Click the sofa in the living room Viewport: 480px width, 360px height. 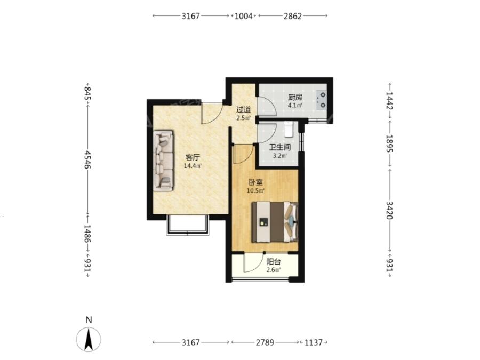(x=163, y=161)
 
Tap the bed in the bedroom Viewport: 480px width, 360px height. (x=275, y=222)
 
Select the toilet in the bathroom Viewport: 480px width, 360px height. (x=289, y=129)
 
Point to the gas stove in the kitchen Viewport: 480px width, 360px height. (x=322, y=100)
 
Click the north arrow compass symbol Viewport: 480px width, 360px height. (x=89, y=339)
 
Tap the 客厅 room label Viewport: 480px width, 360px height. (x=193, y=158)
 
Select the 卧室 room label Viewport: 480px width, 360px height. (x=255, y=183)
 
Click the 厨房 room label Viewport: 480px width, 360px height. (x=295, y=98)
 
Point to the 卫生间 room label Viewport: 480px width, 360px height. (x=280, y=148)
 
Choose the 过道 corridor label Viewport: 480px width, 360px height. (x=244, y=109)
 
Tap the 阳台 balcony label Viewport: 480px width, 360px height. (x=274, y=262)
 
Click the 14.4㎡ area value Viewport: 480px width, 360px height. (x=193, y=166)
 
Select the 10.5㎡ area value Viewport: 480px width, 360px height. (x=255, y=191)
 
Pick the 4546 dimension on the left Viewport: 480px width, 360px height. (x=88, y=159)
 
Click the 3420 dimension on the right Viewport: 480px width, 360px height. (x=389, y=210)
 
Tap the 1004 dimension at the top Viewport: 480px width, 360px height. (x=244, y=16)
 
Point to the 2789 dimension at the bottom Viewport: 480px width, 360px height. (x=265, y=342)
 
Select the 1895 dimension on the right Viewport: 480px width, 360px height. (x=389, y=143)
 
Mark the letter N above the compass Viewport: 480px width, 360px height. (x=89, y=320)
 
